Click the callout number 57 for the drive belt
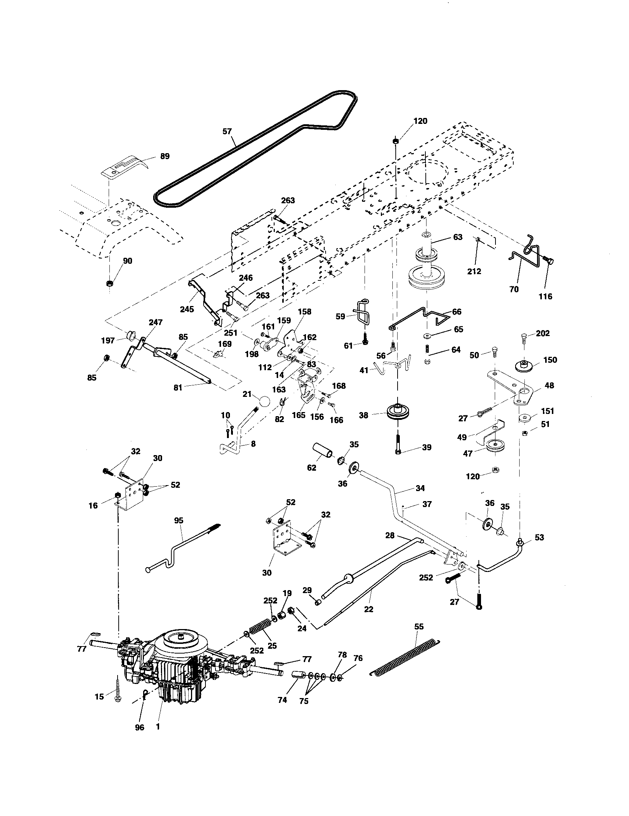pyautogui.click(x=227, y=131)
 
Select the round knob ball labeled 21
pyautogui.click(x=264, y=402)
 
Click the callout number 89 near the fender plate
pyautogui.click(x=165, y=156)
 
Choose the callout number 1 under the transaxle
pyautogui.click(x=158, y=727)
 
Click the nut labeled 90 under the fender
pyautogui.click(x=109, y=283)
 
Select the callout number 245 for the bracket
pyautogui.click(x=187, y=309)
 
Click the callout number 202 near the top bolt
pyautogui.click(x=543, y=333)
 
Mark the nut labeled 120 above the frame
pyautogui.click(x=396, y=141)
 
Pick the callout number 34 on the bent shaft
pyautogui.click(x=420, y=488)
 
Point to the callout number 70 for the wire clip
pyautogui.click(x=514, y=289)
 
